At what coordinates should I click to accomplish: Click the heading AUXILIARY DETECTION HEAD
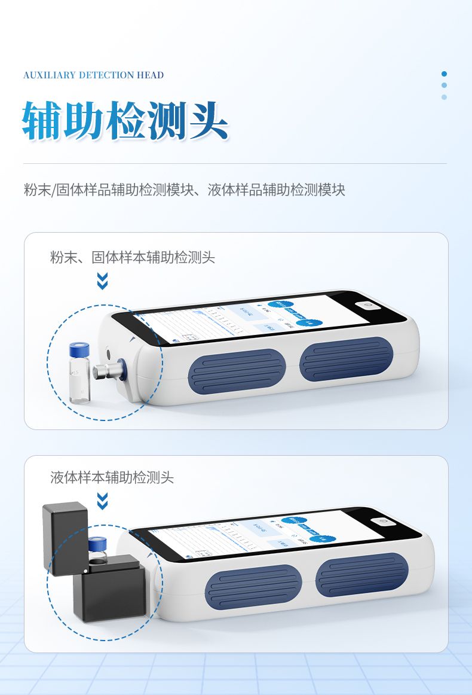(x=93, y=75)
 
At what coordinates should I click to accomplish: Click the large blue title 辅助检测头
(x=125, y=120)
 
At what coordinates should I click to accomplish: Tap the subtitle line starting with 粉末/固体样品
(x=184, y=190)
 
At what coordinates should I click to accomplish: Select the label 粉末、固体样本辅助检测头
(x=132, y=258)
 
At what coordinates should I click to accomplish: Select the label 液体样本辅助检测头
(x=112, y=477)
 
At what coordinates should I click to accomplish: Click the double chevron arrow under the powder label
(x=102, y=281)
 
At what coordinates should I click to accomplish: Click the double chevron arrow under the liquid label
(x=102, y=501)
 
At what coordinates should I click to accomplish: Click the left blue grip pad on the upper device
(x=237, y=370)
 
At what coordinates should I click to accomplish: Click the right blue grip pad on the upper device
(x=345, y=359)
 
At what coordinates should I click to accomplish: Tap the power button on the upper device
(x=367, y=305)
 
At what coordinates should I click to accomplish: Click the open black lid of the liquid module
(x=65, y=538)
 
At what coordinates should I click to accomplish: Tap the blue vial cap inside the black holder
(x=97, y=544)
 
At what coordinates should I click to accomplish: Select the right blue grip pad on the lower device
(x=361, y=575)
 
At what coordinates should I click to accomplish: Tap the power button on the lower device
(x=383, y=522)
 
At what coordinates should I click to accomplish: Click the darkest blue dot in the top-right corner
(x=444, y=74)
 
